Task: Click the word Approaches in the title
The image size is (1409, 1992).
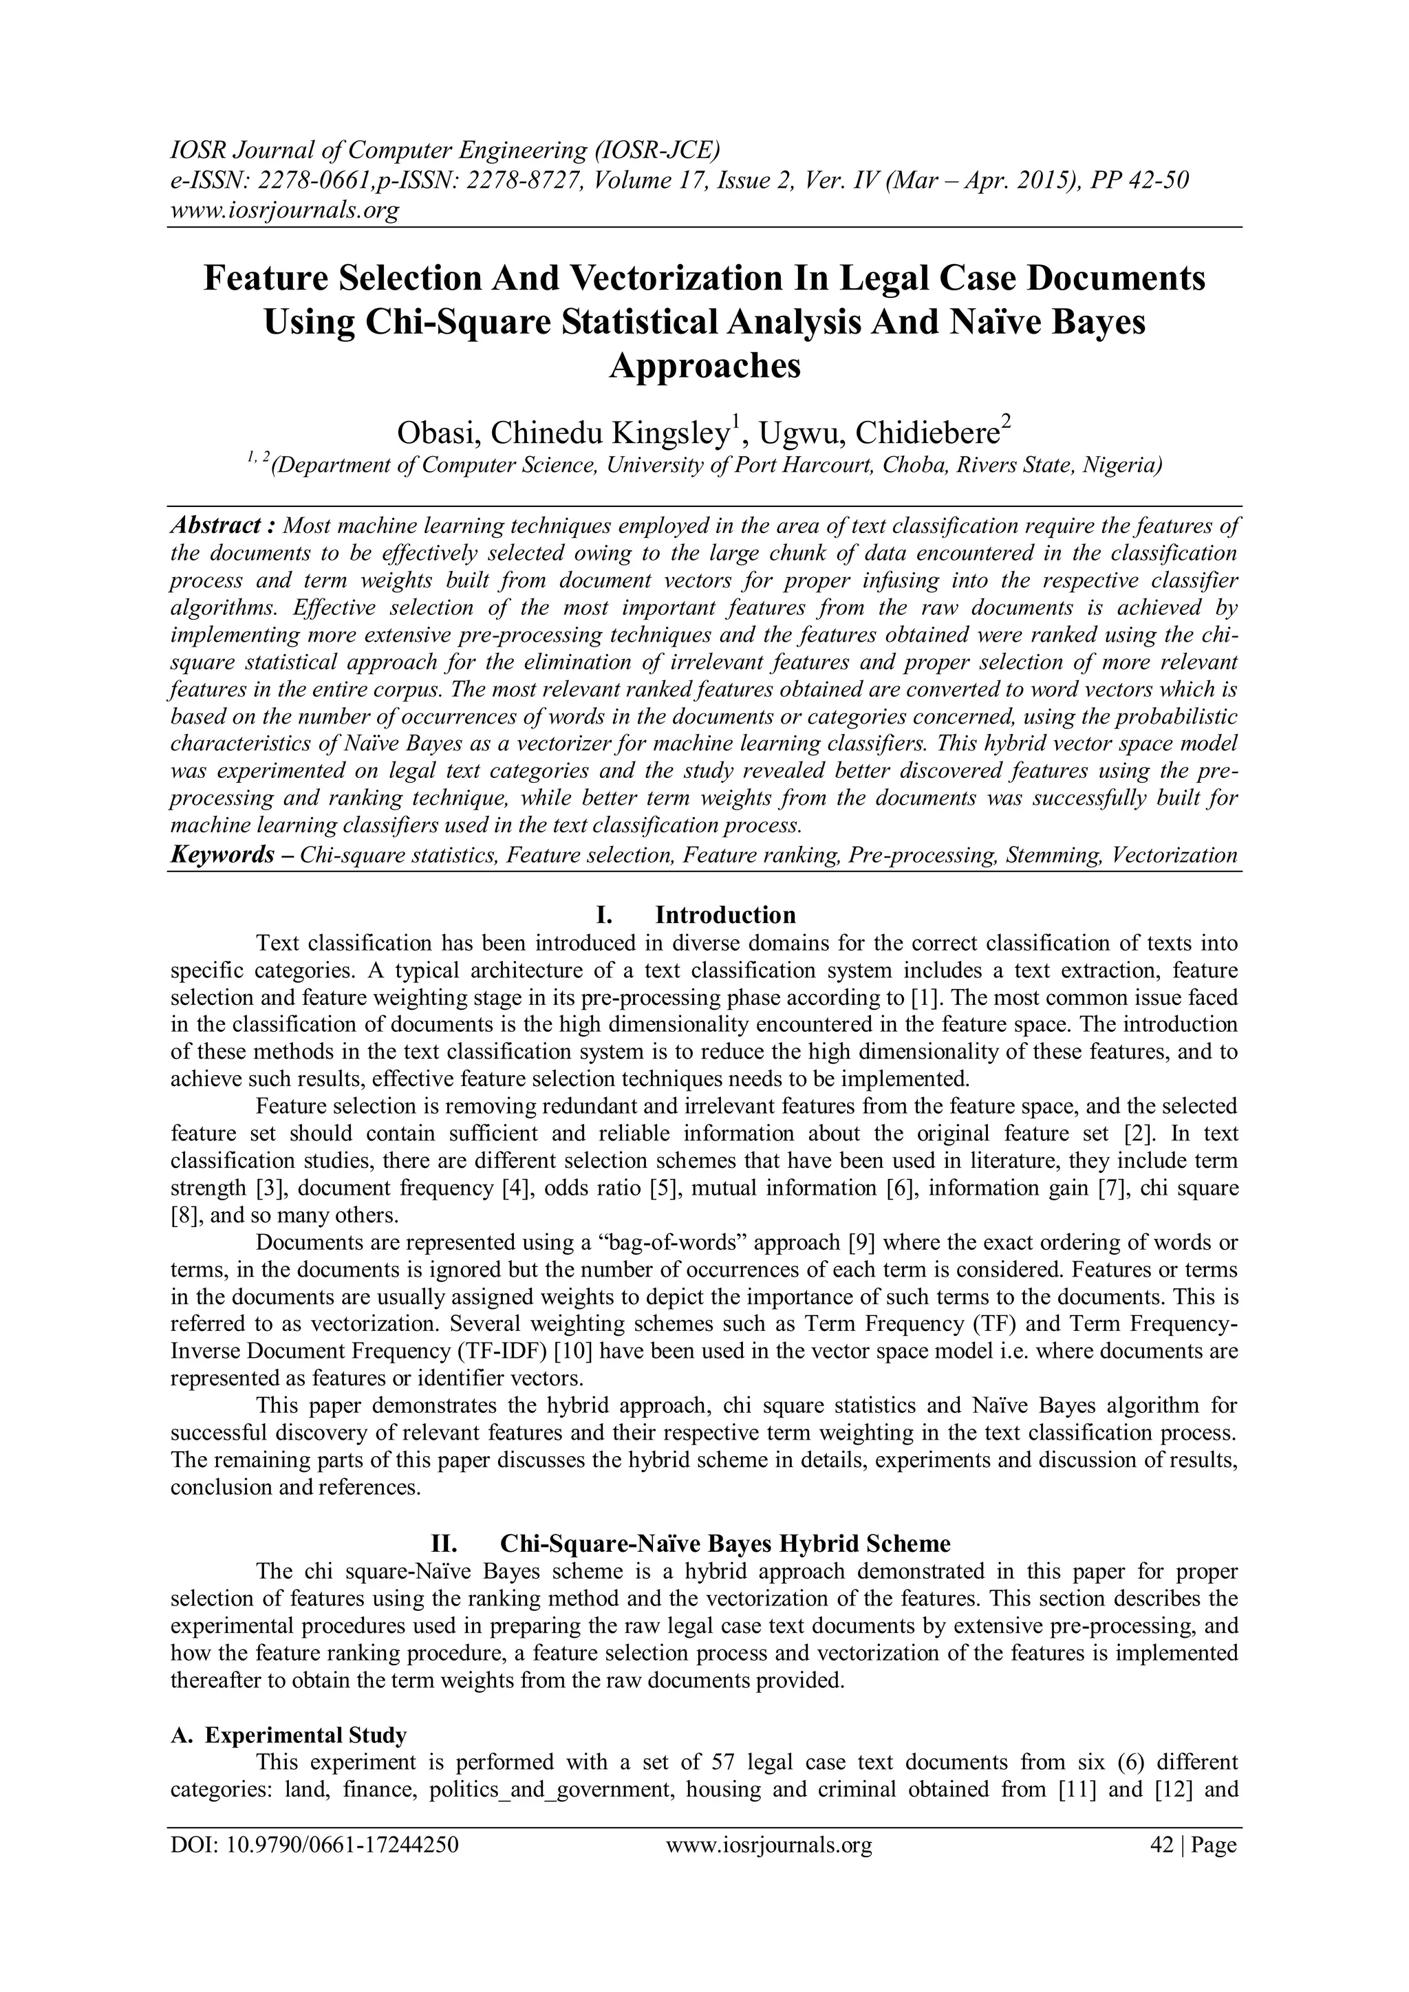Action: pyautogui.click(x=704, y=365)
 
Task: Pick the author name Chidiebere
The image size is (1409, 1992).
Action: pyautogui.click(x=923, y=432)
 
